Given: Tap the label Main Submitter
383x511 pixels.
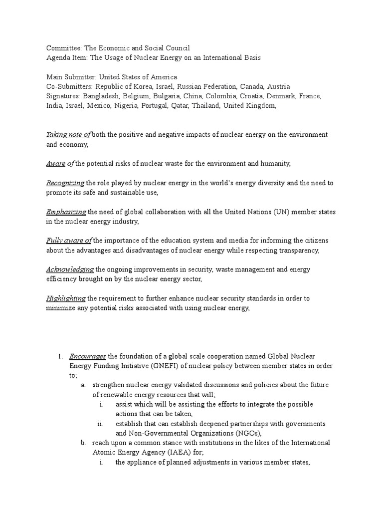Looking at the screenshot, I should coord(71,77).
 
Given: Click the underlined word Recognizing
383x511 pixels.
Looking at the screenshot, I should coord(65,183).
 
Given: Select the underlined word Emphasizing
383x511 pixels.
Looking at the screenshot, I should coord(66,212).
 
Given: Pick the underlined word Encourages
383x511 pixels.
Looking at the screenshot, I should coord(88,356).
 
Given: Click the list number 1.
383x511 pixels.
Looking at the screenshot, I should coord(58,356).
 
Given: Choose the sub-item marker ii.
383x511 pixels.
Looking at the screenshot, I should coord(100,424).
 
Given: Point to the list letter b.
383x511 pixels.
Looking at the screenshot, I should coord(83,443).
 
